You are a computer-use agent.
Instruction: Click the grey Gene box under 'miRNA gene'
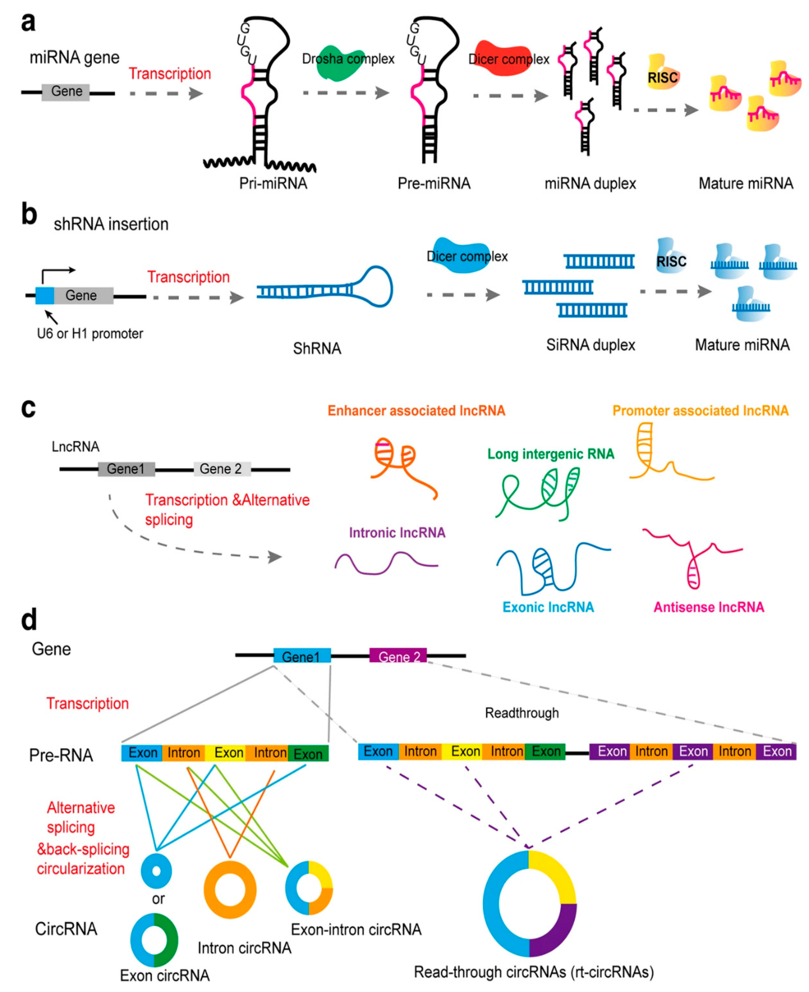pos(66,92)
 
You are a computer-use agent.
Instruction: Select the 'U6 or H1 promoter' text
pos(90,334)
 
